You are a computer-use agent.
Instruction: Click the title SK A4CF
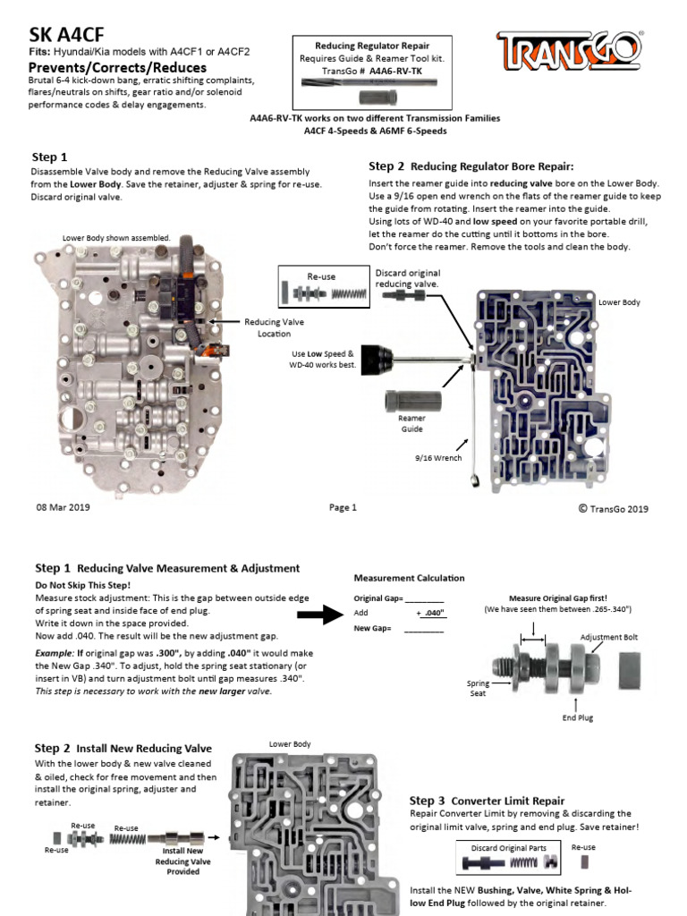[x=63, y=35]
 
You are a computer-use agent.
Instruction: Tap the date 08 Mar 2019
[x=62, y=507]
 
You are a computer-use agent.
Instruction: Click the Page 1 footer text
[x=343, y=507]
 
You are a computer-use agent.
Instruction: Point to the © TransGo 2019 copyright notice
[x=613, y=508]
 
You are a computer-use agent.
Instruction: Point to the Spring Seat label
[x=478, y=688]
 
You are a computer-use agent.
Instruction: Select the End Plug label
[x=577, y=717]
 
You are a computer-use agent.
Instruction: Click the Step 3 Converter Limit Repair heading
[x=487, y=800]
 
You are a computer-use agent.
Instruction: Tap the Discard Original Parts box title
[x=508, y=846]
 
